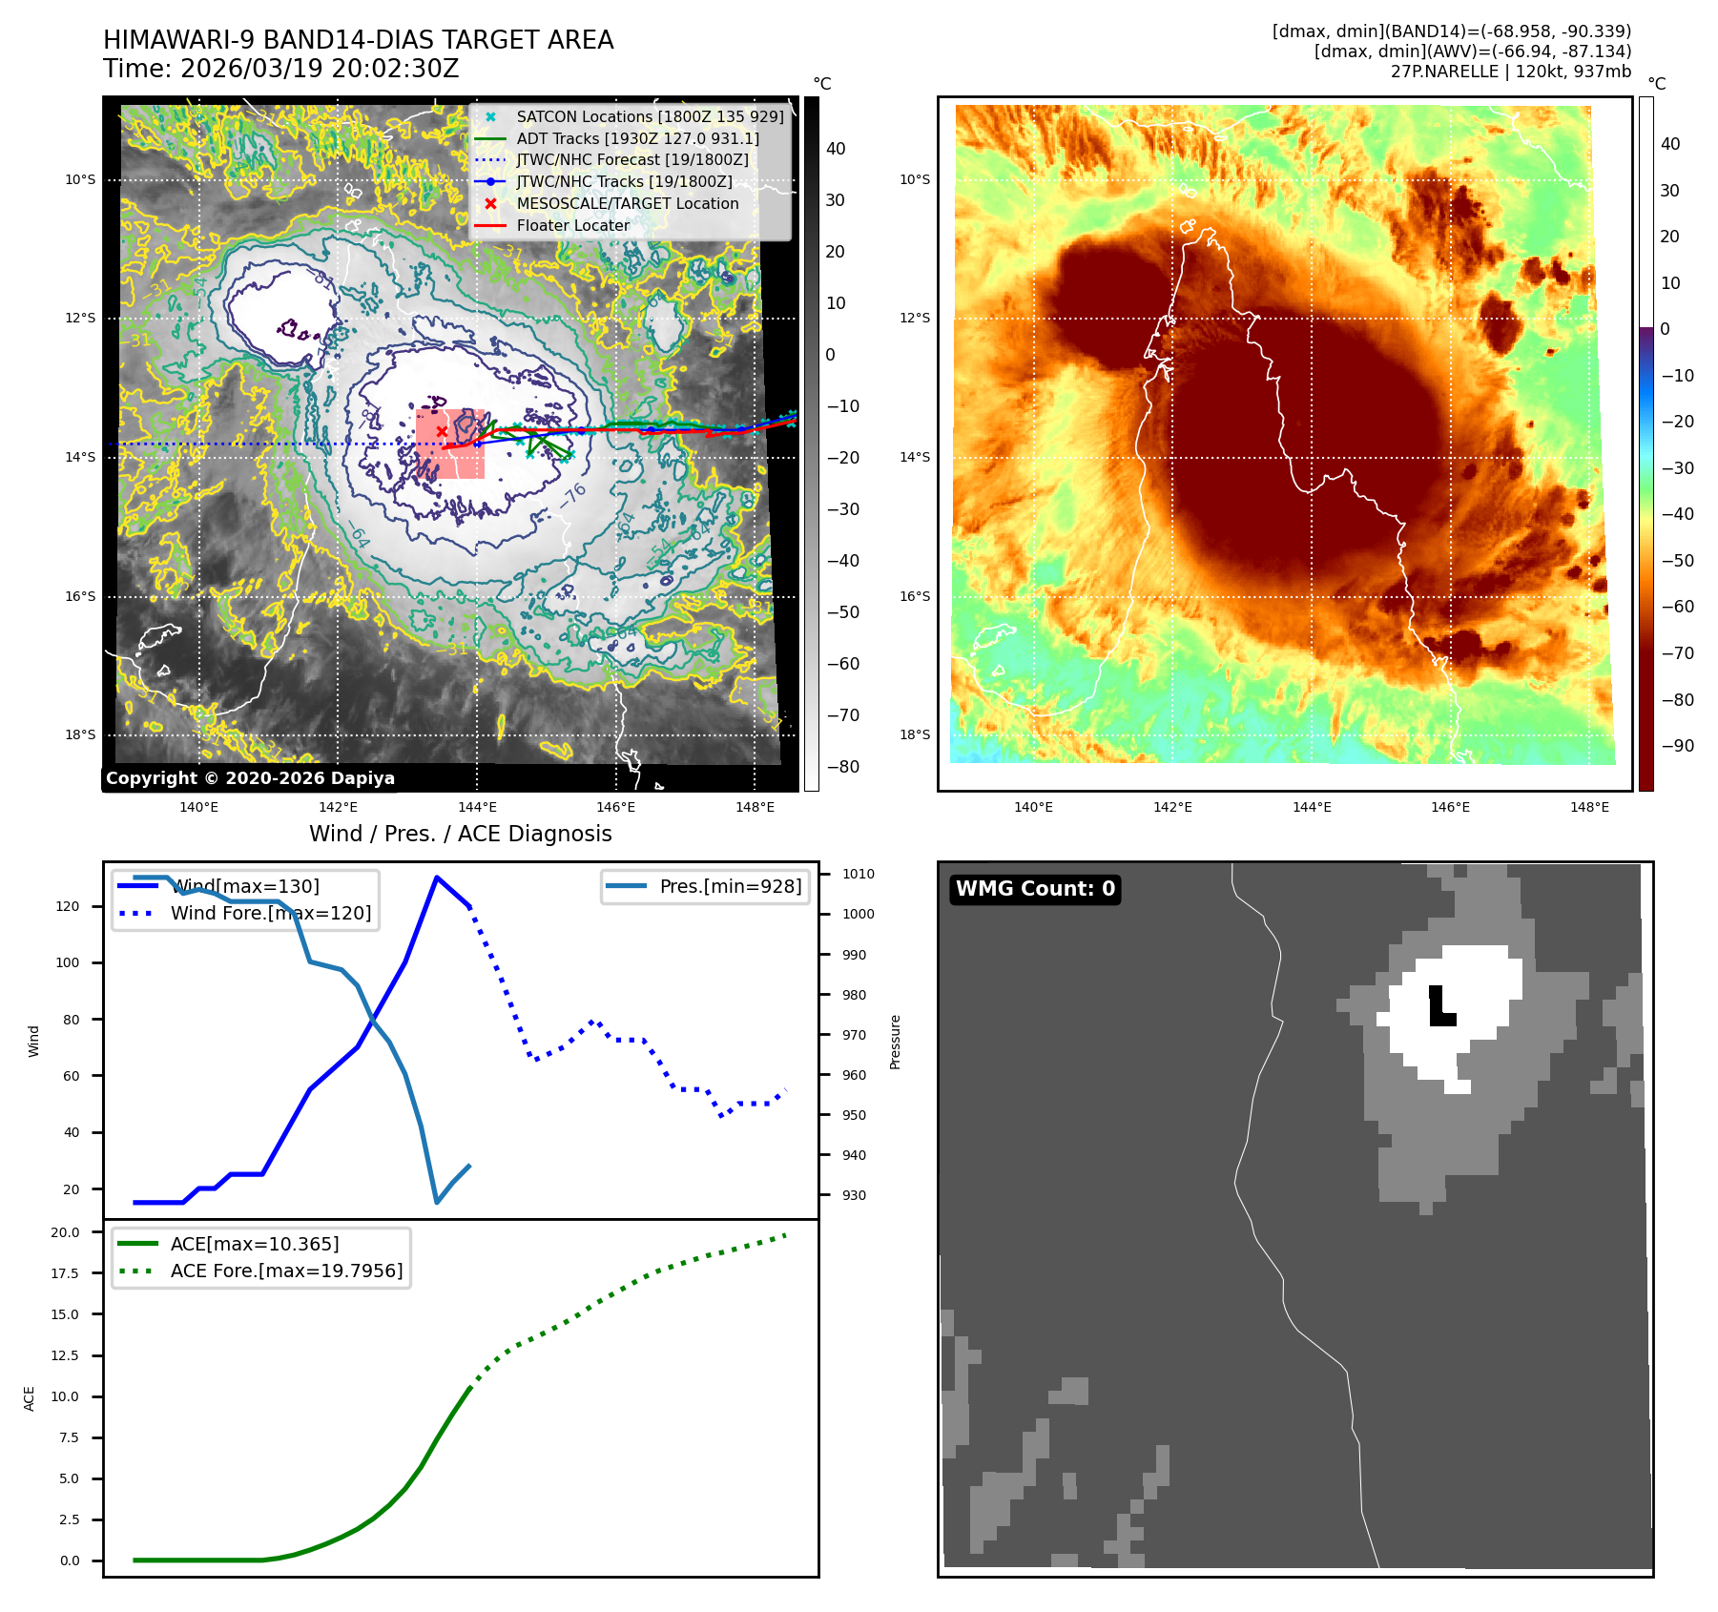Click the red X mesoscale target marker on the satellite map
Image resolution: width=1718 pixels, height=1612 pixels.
(442, 431)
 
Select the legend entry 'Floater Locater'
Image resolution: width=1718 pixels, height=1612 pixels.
(572, 226)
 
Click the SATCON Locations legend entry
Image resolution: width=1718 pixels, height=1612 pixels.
(650, 116)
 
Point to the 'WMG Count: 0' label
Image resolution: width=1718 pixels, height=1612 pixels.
(1035, 889)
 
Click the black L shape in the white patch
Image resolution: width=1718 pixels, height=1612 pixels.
(1440, 1009)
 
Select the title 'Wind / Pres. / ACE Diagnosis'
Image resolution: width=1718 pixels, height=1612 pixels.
(460, 834)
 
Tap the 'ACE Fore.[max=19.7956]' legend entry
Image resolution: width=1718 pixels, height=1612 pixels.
(286, 1271)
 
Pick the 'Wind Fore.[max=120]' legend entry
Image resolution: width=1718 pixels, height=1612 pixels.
(270, 913)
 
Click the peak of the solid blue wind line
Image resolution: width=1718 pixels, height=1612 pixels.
(437, 878)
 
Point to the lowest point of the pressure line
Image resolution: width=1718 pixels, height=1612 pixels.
(437, 1203)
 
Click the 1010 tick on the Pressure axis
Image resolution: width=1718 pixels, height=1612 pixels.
(858, 874)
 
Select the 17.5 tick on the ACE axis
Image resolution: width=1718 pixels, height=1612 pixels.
(65, 1273)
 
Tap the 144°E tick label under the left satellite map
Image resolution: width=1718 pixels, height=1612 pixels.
(477, 808)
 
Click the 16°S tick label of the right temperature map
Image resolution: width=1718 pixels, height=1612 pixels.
(915, 597)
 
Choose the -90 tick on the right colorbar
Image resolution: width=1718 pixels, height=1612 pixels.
(1677, 746)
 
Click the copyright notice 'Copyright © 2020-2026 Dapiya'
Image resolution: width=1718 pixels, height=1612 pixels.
(250, 778)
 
